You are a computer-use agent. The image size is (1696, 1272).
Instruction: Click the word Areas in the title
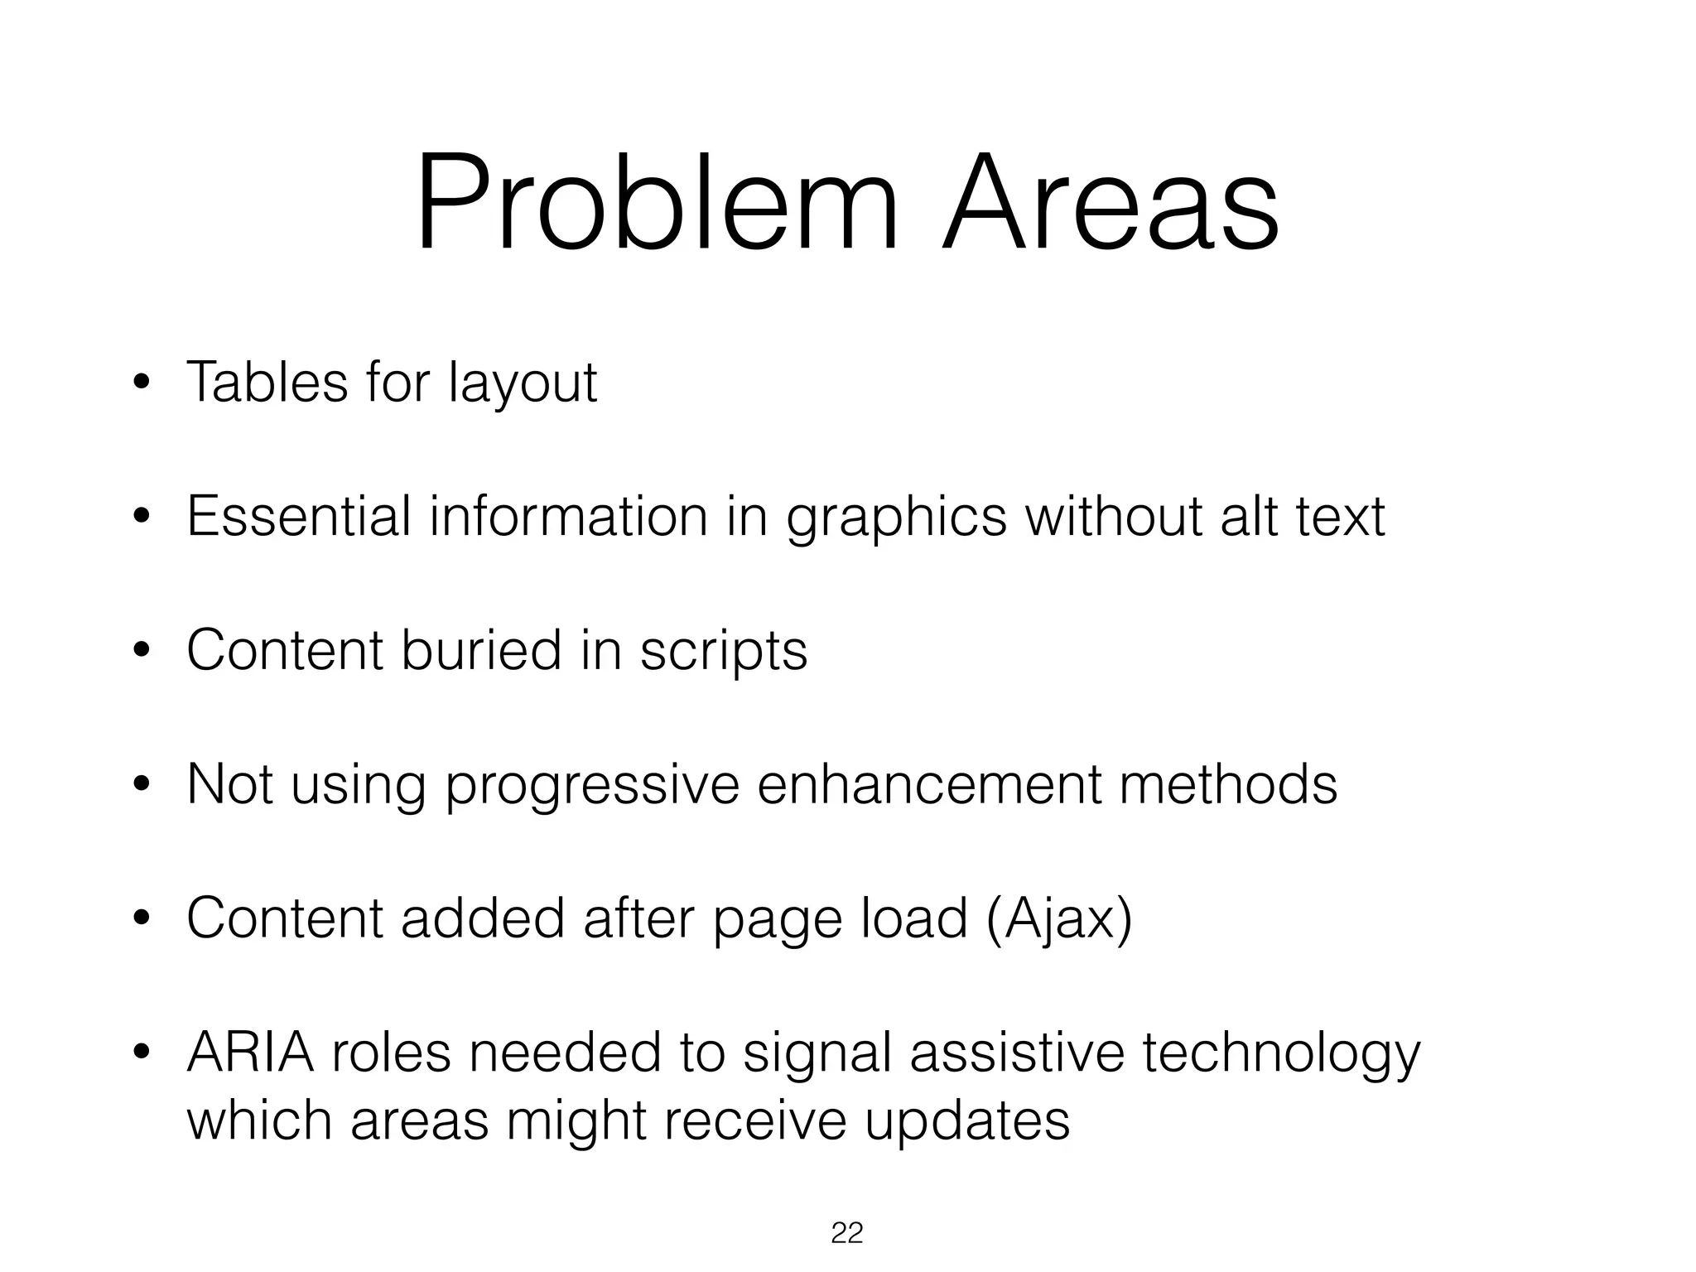coord(1110,204)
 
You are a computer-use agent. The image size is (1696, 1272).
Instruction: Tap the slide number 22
coord(846,1233)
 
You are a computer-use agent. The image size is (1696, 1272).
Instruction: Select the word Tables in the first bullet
coord(267,382)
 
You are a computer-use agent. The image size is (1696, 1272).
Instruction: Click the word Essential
coord(299,516)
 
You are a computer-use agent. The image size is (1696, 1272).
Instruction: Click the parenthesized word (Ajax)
coord(1059,919)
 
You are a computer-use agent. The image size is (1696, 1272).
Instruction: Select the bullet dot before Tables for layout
coord(142,383)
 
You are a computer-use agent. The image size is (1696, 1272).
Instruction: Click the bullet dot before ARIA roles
coord(142,1053)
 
